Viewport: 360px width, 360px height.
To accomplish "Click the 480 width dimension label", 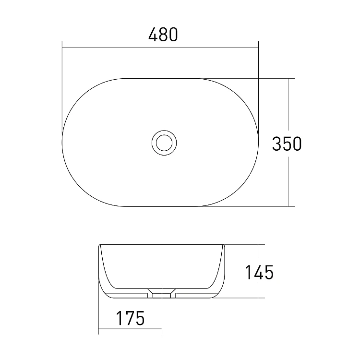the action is coord(163,35).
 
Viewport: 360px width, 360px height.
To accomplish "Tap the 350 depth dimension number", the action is coord(287,144).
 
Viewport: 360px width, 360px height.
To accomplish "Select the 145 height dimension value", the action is coord(259,272).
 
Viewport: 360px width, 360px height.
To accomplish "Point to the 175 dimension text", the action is coord(131,318).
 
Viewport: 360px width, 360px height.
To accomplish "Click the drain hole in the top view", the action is coord(164,143).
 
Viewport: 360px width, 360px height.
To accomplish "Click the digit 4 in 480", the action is coord(154,35).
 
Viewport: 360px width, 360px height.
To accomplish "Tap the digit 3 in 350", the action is coord(276,144).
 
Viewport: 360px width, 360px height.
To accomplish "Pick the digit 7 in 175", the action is coord(130,318).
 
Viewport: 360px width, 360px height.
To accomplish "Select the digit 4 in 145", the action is coord(259,272).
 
